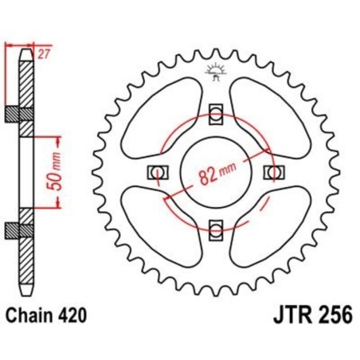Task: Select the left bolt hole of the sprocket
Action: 155,172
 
